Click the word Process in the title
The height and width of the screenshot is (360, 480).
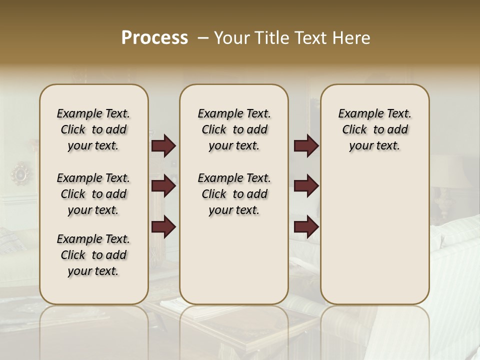pyautogui.click(x=154, y=38)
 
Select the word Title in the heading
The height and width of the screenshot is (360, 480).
pyautogui.click(x=270, y=38)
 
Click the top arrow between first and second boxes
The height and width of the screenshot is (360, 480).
pyautogui.click(x=163, y=146)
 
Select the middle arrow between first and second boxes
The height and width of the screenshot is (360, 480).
pyautogui.click(x=163, y=186)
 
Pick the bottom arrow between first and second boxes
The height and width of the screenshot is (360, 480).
pyautogui.click(x=163, y=227)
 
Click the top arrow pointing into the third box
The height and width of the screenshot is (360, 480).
pyautogui.click(x=306, y=146)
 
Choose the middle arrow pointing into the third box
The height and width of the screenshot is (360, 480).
pyautogui.click(x=306, y=186)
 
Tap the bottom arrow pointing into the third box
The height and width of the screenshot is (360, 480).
pyautogui.click(x=306, y=227)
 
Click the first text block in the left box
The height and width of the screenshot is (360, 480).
pyautogui.click(x=93, y=129)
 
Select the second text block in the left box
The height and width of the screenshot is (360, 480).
pyautogui.click(x=93, y=194)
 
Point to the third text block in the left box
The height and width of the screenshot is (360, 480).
pyautogui.click(x=93, y=255)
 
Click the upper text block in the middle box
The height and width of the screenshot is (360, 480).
pyautogui.click(x=234, y=129)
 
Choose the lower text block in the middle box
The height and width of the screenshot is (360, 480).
pyautogui.click(x=234, y=194)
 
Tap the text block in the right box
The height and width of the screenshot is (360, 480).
pyautogui.click(x=374, y=129)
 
